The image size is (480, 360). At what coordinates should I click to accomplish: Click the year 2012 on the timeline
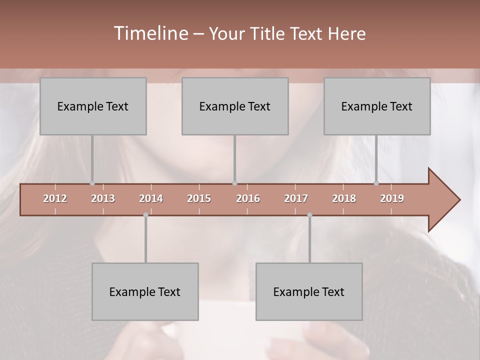point(55,198)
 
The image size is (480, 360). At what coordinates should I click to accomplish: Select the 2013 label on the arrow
point(103,198)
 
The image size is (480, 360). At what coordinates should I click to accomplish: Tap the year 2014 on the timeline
point(151,198)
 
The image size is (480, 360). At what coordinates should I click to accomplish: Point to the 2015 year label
point(199,198)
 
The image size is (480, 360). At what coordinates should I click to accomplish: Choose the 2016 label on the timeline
point(248,198)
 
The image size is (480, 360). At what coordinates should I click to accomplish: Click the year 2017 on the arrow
point(296,198)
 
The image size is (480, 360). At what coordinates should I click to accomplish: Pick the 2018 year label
point(344,198)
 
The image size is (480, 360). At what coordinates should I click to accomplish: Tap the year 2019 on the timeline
point(392,198)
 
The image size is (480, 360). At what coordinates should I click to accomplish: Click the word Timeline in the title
point(150,33)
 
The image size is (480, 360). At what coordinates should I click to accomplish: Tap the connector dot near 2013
point(92,183)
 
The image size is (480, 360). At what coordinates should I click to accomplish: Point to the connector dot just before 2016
point(234,183)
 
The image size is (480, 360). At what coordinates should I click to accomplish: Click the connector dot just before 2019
point(376,183)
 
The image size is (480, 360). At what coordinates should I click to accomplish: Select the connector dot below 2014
point(145,215)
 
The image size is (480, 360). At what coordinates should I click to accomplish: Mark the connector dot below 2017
point(309,215)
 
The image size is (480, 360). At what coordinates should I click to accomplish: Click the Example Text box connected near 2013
point(93,106)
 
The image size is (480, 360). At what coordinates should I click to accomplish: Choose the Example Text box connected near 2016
point(235,106)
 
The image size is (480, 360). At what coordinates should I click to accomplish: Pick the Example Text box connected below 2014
point(145,291)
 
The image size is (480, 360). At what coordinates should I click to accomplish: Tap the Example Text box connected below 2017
point(309,291)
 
